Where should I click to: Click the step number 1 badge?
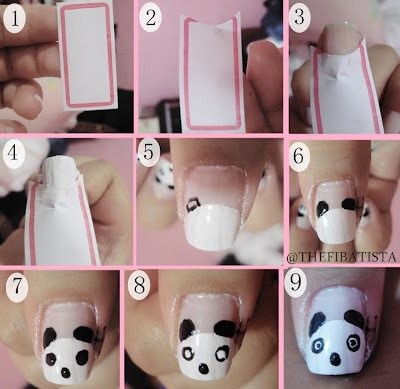coord(14,17)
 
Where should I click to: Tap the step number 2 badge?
coord(151,17)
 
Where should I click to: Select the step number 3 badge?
coord(300,17)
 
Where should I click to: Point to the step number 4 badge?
coord(14,153)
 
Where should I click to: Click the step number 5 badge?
coord(148,153)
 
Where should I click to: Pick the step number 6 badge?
coord(298,156)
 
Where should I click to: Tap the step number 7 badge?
coord(16,286)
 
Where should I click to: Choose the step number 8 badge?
coord(139,286)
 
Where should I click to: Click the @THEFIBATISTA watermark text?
coord(342,257)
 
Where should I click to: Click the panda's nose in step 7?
coord(65,372)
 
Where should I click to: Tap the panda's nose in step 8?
coord(203,368)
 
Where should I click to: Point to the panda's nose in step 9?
coord(335,359)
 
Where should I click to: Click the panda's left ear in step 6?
coord(322,208)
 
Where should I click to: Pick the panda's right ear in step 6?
coord(349,204)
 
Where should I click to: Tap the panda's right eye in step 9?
coord(353,342)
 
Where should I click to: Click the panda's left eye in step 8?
coord(188,352)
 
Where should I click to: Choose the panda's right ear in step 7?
coord(83,334)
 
